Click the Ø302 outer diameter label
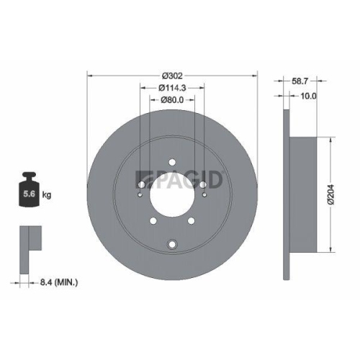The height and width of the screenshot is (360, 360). (171, 75)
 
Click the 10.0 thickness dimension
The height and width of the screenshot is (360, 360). (307, 96)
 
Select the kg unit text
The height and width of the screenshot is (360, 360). (48, 194)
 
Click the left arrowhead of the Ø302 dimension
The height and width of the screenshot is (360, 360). (89, 75)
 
